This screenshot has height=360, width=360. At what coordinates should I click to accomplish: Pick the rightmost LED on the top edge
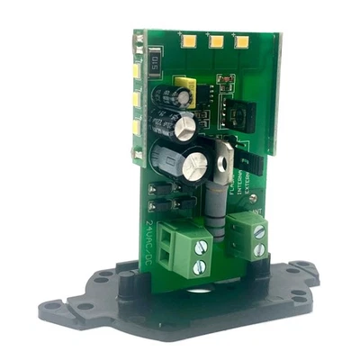click(x=241, y=40)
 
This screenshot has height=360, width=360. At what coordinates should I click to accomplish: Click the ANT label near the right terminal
click(x=257, y=214)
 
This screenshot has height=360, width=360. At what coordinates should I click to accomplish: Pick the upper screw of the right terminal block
click(x=260, y=232)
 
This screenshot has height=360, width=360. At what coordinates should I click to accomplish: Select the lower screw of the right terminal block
click(x=262, y=250)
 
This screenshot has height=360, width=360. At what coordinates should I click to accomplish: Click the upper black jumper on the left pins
click(x=155, y=189)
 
